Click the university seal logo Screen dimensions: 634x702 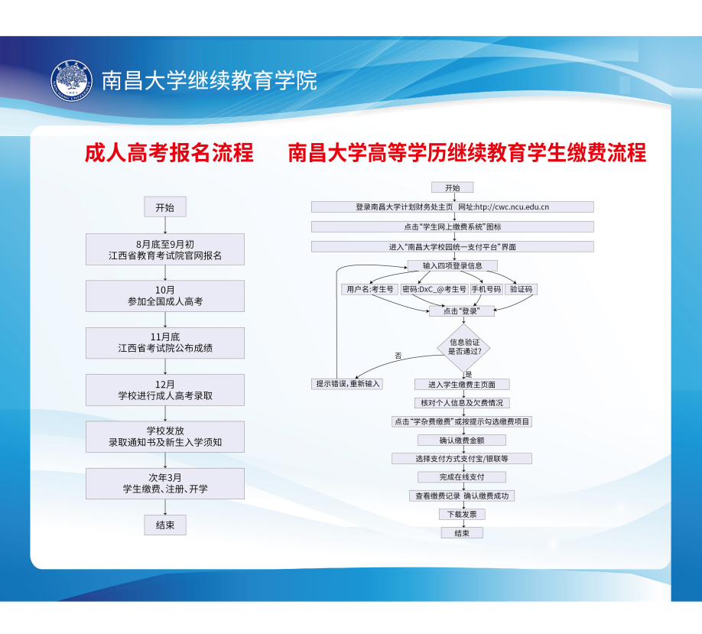click(x=71, y=80)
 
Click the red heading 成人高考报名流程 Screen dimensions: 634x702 click(x=168, y=153)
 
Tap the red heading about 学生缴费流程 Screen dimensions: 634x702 click(x=466, y=153)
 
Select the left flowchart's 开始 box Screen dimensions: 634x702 click(x=164, y=207)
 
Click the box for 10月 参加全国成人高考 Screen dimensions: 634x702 click(x=165, y=296)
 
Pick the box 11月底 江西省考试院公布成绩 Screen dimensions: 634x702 click(x=165, y=343)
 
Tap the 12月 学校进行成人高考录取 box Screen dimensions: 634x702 click(x=165, y=390)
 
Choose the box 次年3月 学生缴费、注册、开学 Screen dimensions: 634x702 click(x=165, y=483)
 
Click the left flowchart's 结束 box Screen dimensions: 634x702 click(x=164, y=525)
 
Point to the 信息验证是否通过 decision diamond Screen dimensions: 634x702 click(x=463, y=346)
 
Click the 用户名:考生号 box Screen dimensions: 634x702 click(x=369, y=289)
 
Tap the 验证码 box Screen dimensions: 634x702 click(x=522, y=289)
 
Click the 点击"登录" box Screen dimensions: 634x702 click(x=460, y=311)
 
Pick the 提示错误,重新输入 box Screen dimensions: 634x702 click(x=348, y=383)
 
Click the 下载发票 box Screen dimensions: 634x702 click(x=462, y=515)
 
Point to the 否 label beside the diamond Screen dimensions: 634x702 click(x=398, y=356)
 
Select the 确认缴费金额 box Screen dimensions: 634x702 click(x=462, y=441)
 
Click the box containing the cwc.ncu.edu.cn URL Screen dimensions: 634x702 click(x=452, y=206)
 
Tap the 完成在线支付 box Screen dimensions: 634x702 click(x=462, y=477)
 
